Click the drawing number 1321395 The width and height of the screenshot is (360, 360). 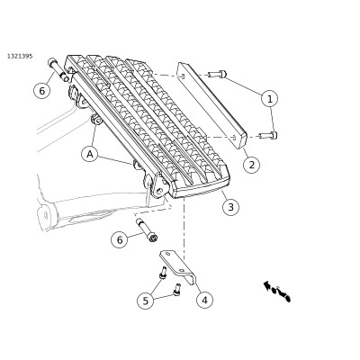click(x=20, y=56)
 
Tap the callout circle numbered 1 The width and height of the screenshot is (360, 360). click(x=269, y=99)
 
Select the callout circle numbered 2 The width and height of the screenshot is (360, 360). click(x=251, y=165)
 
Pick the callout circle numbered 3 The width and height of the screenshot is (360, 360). click(x=230, y=207)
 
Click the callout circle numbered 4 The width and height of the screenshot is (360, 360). click(x=205, y=300)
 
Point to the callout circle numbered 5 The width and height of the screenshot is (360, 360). click(x=146, y=301)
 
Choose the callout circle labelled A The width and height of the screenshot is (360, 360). click(x=90, y=154)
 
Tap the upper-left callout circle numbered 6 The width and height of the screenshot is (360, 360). click(x=42, y=90)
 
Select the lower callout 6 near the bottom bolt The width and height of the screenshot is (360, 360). click(x=120, y=240)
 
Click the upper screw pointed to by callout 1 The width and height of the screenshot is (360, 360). click(x=218, y=74)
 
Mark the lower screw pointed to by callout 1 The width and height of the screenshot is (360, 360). click(x=268, y=136)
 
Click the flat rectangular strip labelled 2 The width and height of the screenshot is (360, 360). click(x=212, y=105)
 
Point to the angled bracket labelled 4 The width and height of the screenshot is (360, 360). click(x=177, y=266)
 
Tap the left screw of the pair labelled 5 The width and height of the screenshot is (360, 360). click(x=163, y=273)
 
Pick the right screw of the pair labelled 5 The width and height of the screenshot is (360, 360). click(x=177, y=290)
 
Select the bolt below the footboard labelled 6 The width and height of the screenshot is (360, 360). click(x=147, y=230)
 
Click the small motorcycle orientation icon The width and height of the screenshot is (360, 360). click(x=277, y=291)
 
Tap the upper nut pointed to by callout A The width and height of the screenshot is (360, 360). click(x=95, y=121)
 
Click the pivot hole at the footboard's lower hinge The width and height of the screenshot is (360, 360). click(x=159, y=190)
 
